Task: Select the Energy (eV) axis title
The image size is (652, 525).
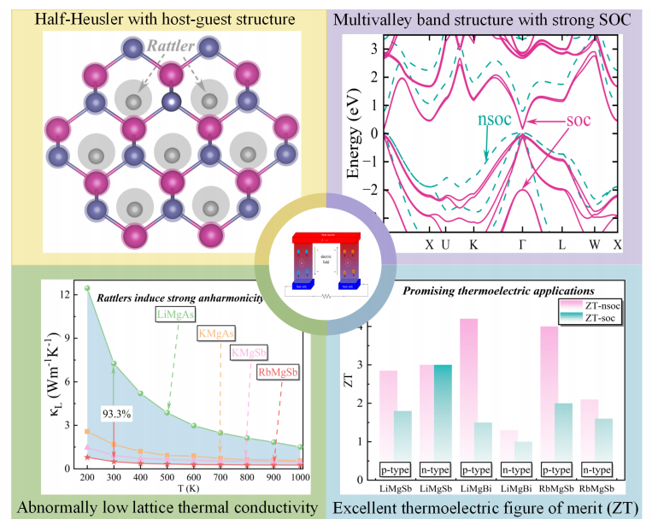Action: (354, 130)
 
